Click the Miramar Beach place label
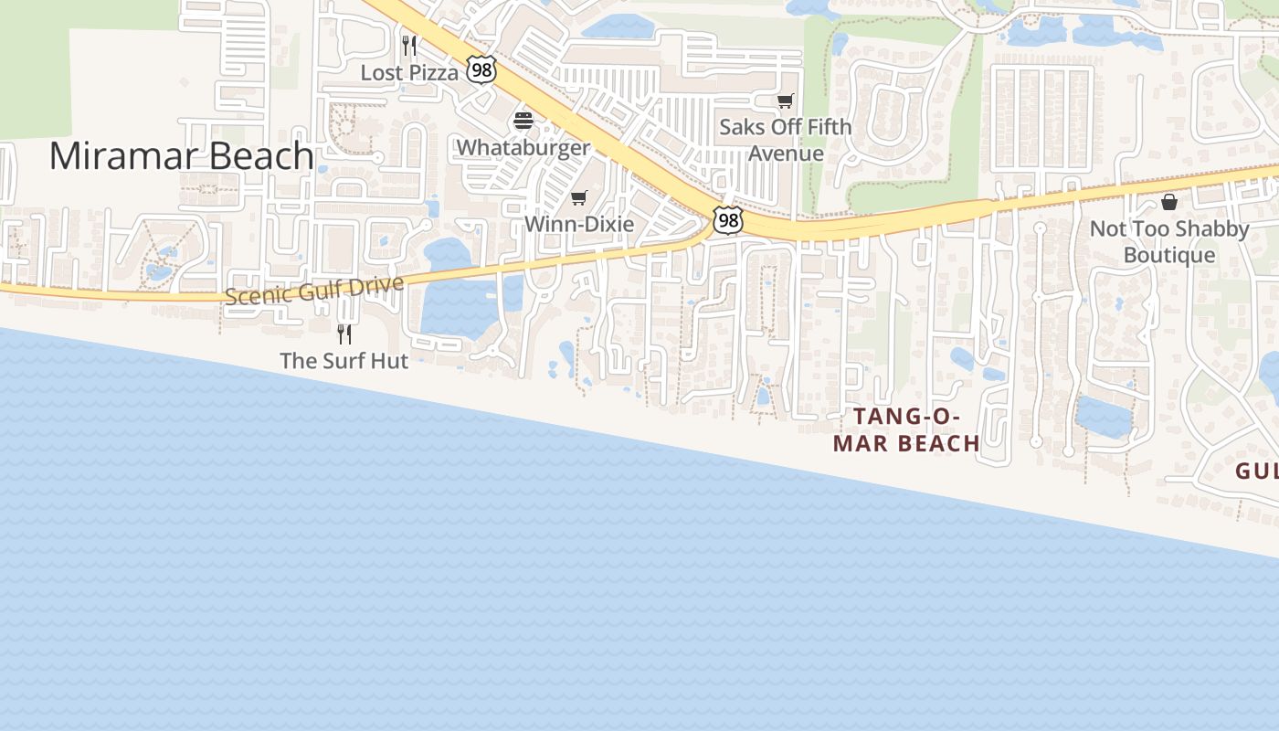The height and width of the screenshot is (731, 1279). [x=181, y=156]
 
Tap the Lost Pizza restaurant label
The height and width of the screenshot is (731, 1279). [x=409, y=72]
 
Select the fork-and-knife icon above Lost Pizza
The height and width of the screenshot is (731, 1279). [x=409, y=45]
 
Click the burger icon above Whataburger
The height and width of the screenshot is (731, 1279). [x=523, y=121]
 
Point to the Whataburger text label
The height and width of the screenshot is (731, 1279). [x=523, y=147]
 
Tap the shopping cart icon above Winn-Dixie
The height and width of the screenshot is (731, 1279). [x=578, y=197]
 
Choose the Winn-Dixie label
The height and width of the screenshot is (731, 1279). [x=578, y=224]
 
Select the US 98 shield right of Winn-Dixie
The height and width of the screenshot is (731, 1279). [x=727, y=219]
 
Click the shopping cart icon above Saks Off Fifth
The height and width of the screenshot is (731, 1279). [x=785, y=101]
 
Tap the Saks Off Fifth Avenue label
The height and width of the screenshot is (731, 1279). [x=785, y=140]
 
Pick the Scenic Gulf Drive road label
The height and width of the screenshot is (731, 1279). [x=313, y=291]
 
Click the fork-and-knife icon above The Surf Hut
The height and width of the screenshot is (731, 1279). [x=344, y=334]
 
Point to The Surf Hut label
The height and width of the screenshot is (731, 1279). [x=344, y=361]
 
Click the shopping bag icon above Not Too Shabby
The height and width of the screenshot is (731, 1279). [x=1169, y=202]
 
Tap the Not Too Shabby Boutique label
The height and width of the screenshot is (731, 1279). [x=1169, y=241]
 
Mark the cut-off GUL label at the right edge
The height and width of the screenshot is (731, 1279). [x=1257, y=471]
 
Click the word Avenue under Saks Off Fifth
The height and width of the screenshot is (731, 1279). [x=786, y=154]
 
